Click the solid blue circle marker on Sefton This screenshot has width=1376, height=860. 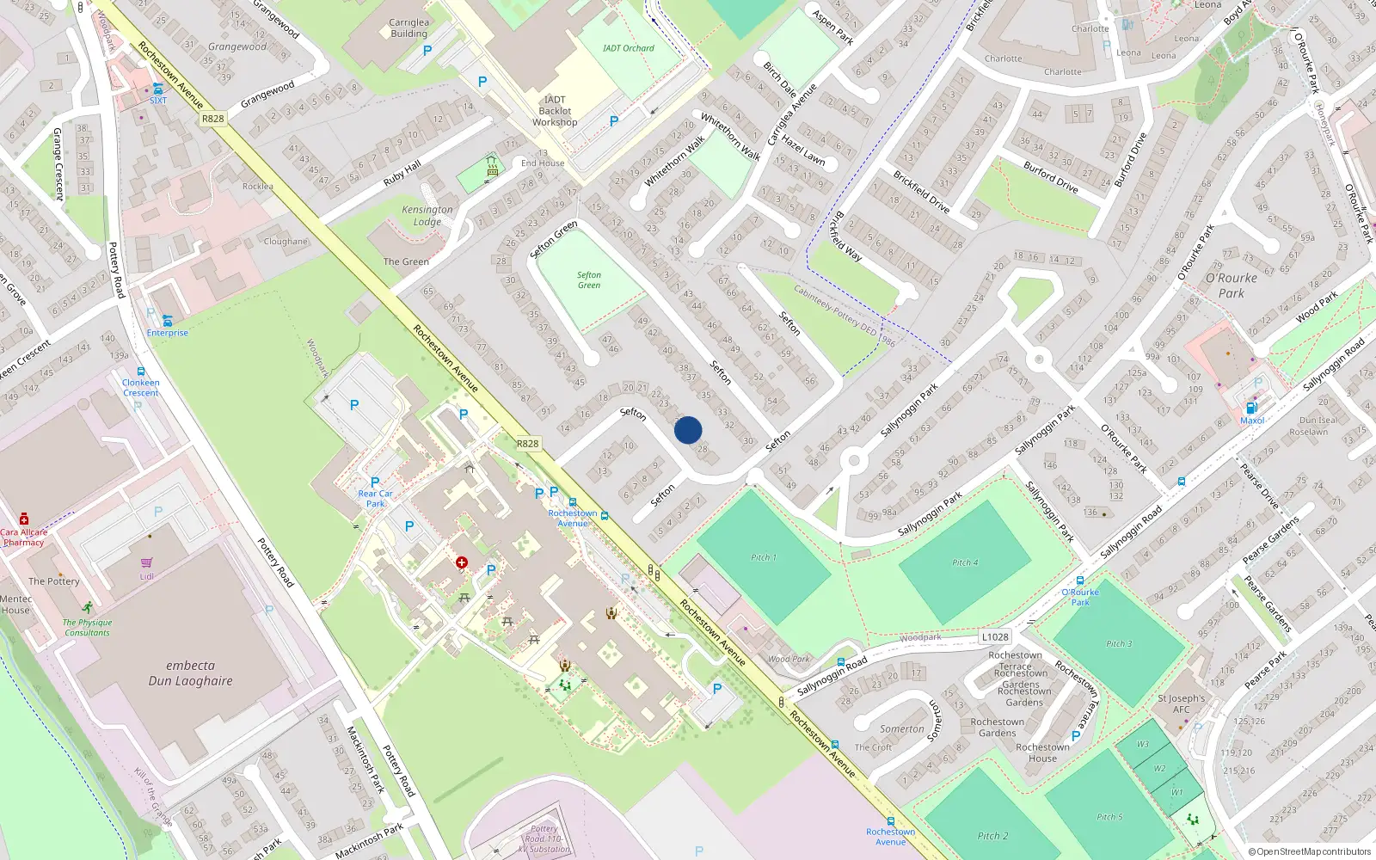(x=688, y=430)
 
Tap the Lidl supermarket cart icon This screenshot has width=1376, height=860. (x=147, y=563)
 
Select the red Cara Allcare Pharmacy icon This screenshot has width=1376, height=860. (x=24, y=519)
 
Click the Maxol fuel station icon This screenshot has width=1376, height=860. (x=1251, y=408)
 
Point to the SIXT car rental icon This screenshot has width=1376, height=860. (x=157, y=89)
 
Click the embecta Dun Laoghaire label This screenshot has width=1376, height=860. (x=190, y=673)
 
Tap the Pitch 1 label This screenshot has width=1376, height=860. (x=763, y=557)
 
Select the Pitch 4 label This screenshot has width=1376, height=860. (x=965, y=562)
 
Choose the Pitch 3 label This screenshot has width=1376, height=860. (x=1119, y=643)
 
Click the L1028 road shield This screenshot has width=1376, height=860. (x=995, y=637)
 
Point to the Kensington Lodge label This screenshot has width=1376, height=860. (x=427, y=215)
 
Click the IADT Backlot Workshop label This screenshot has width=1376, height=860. (x=555, y=111)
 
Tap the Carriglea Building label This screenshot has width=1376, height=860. (x=408, y=28)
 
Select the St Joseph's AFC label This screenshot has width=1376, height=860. (x=1181, y=703)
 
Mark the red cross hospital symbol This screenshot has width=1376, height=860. (x=462, y=562)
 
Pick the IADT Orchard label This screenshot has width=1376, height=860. (x=628, y=48)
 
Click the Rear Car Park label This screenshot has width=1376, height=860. (x=375, y=499)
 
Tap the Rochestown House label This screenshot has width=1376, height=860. (x=1042, y=752)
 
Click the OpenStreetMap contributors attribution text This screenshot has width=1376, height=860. (x=1310, y=851)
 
